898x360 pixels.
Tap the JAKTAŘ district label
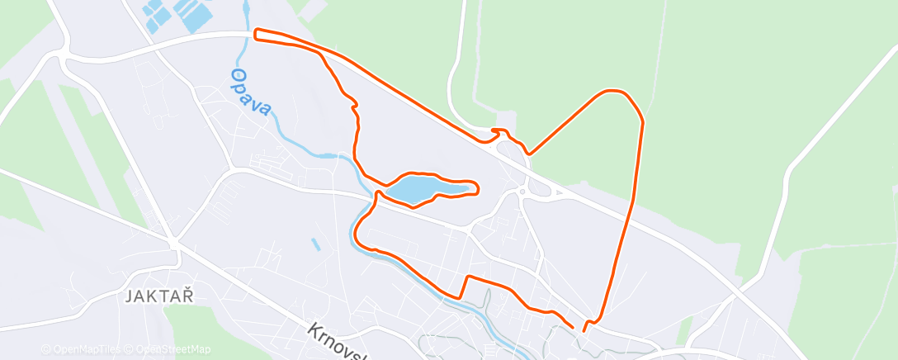tap(159, 297)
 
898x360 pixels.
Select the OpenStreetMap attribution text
tap(173, 350)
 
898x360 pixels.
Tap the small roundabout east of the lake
tap(522, 192)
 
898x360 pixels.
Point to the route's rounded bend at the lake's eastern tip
tap(477, 187)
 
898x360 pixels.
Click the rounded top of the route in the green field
tap(615, 91)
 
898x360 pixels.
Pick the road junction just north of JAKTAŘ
tap(173, 243)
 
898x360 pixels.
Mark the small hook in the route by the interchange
tap(498, 131)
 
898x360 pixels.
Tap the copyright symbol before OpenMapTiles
tap(46, 350)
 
